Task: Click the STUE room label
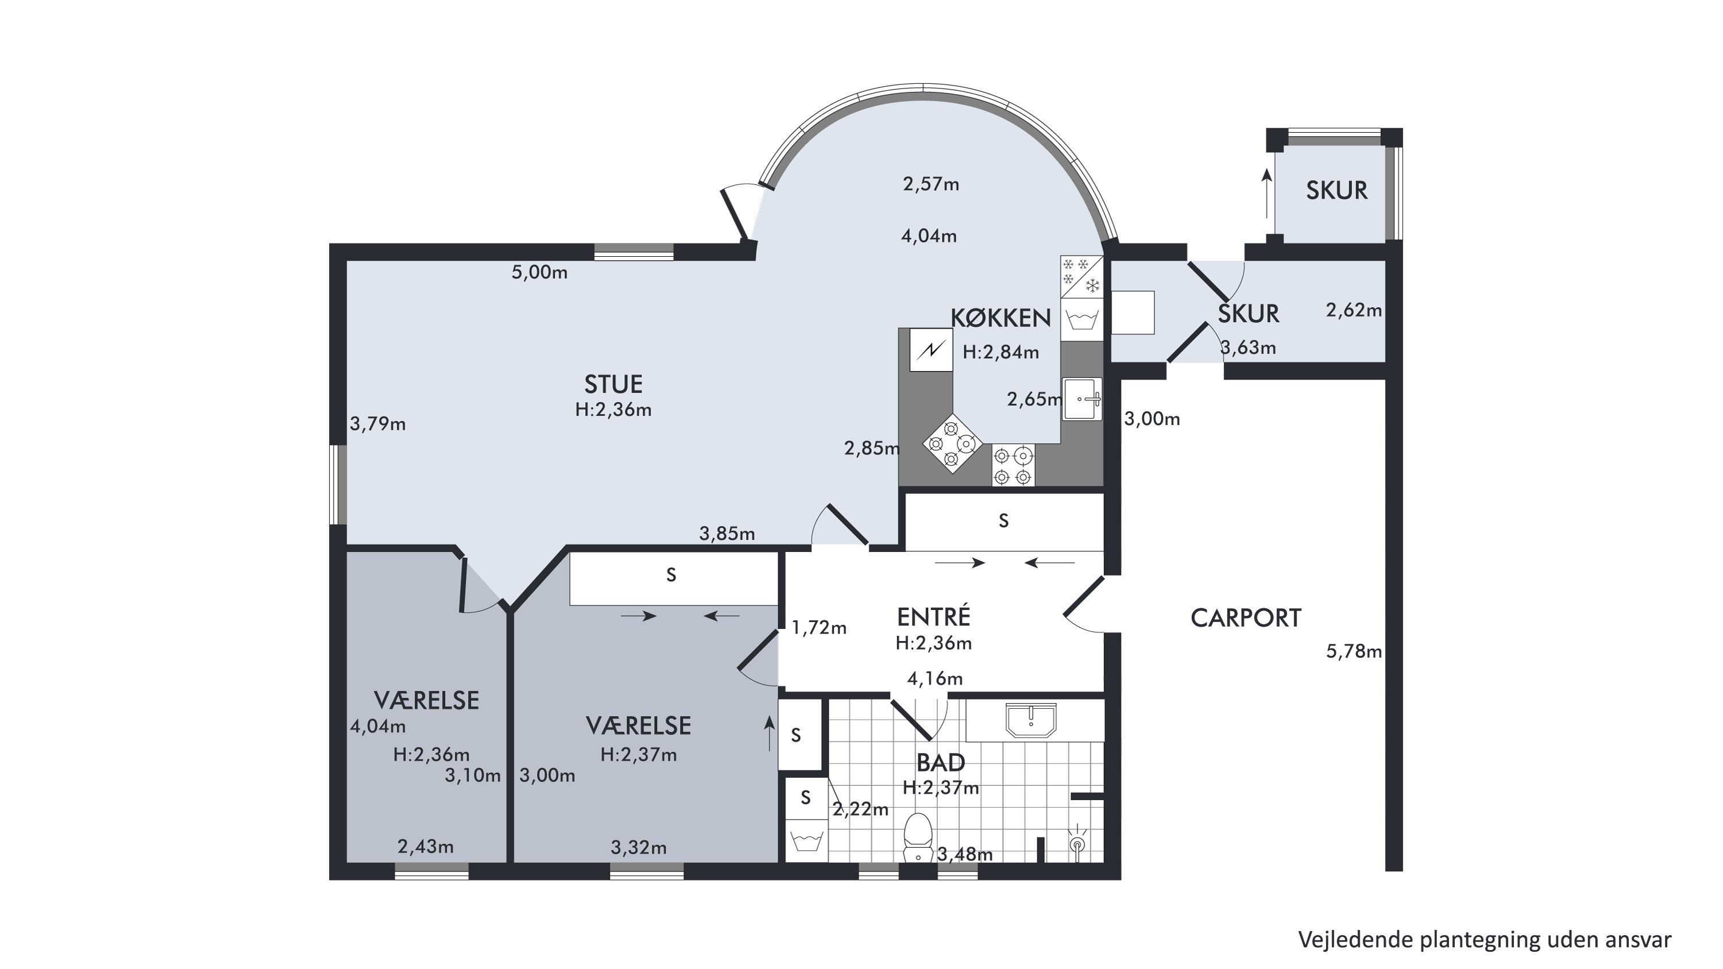tap(613, 384)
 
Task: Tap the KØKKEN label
tap(1000, 318)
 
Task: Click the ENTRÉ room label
tap(933, 616)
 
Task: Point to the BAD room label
tap(940, 762)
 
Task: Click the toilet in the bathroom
tap(918, 838)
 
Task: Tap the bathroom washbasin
tap(1031, 720)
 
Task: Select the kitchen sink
tap(1082, 399)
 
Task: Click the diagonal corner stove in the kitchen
tap(952, 443)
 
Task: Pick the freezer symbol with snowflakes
tap(1081, 276)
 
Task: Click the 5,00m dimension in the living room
tap(539, 272)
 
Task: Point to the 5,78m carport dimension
tap(1354, 651)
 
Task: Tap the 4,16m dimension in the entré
tap(934, 679)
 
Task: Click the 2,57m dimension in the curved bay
tap(931, 184)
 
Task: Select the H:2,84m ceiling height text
tap(1000, 353)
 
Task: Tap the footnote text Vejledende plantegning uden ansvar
tap(1485, 940)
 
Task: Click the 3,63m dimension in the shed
tap(1248, 348)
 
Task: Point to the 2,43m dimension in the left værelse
tap(426, 847)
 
